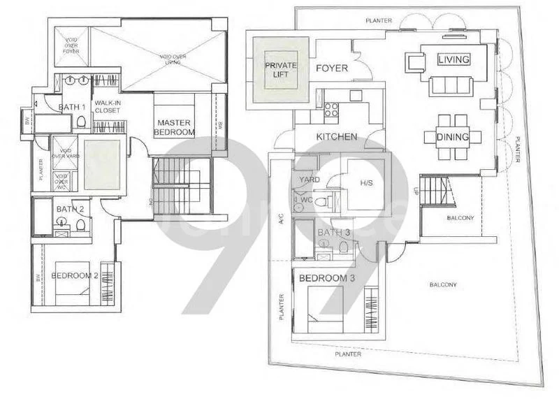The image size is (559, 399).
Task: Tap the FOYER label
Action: click(332, 68)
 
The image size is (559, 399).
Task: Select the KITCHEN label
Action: click(337, 136)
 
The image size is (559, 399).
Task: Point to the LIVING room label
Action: click(453, 60)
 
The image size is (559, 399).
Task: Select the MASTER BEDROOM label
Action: click(174, 126)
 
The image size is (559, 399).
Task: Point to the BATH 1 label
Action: click(71, 107)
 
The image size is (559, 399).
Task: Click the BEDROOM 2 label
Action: click(74, 275)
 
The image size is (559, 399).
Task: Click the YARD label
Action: click(309, 178)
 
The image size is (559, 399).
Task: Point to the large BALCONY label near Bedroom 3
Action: click(443, 284)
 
